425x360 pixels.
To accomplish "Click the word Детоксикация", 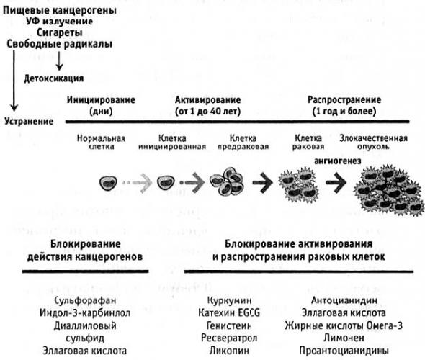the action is pos(54,78).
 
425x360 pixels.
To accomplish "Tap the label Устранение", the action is pos(29,121).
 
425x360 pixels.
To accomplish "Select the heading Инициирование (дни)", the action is pos(101,105).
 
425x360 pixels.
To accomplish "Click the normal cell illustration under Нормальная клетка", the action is pos(109,184).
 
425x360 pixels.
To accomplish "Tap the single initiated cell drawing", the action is pos(166,182).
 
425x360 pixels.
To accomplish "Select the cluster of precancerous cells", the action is pos(227,181).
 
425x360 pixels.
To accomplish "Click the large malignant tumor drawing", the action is pos(389,190).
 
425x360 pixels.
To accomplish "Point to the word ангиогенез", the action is pos(337,161).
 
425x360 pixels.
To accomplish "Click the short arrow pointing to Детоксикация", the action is pos(59,61).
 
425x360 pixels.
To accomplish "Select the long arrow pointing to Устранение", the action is pos(14,81).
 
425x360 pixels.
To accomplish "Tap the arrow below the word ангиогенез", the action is pos(336,183).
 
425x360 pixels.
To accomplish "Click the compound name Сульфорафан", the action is pos(85,300).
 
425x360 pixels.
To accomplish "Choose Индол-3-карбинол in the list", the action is pos(85,313).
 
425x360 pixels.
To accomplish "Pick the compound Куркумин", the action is pos(229,300).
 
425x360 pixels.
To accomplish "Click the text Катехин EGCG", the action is pos(229,313).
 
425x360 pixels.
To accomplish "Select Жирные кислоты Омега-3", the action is pos(344,325).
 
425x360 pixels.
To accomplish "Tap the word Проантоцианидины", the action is pos(344,351).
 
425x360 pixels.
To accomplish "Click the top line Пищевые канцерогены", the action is pos(60,10).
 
